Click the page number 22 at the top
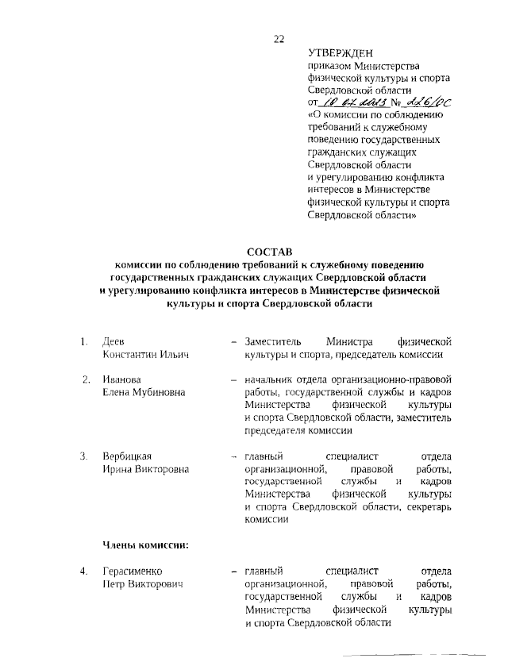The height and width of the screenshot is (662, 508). coord(279,39)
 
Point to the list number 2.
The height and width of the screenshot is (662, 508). coord(87,379)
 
